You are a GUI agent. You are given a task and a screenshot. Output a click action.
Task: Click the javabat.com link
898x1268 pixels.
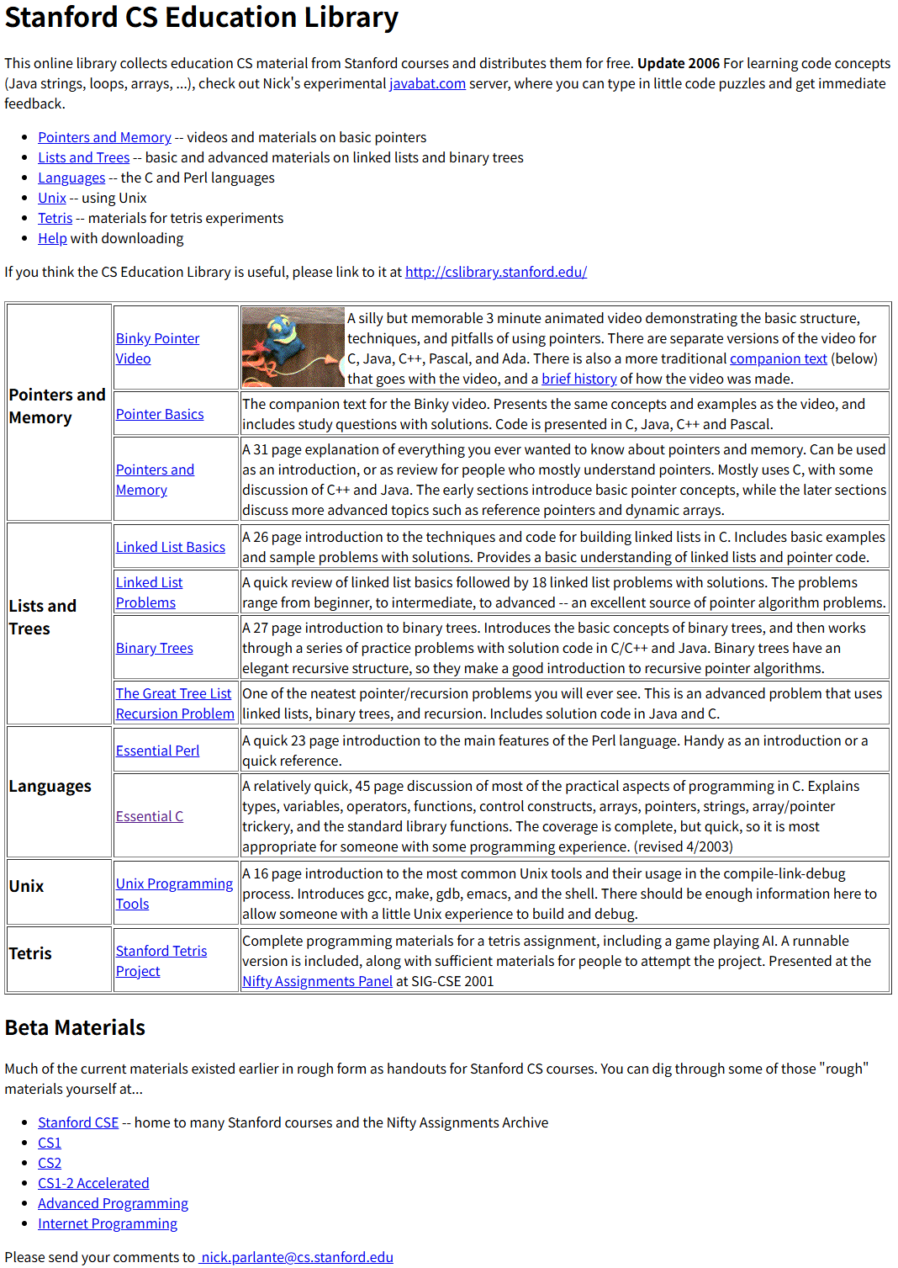pos(427,83)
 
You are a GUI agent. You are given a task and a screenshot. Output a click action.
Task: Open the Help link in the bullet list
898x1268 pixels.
pos(52,238)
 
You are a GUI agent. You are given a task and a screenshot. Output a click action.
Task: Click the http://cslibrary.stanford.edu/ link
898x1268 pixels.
pos(495,272)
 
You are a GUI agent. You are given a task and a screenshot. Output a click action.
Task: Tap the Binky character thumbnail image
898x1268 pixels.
pos(293,347)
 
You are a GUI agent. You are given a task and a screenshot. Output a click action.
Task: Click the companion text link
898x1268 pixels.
pos(778,358)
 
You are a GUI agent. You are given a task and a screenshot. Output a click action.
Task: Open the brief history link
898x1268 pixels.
pos(578,379)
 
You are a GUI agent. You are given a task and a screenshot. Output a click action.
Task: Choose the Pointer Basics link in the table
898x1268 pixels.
pos(160,414)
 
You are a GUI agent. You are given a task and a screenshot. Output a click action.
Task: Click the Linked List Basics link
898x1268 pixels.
pos(171,547)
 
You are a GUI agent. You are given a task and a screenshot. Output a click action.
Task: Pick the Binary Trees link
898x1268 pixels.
pos(155,648)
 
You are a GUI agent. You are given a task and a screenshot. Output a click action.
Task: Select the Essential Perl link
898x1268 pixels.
pos(157,751)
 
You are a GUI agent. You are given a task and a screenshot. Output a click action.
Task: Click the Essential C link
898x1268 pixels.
pos(150,816)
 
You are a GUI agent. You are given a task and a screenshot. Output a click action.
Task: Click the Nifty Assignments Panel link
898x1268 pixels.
pos(317,981)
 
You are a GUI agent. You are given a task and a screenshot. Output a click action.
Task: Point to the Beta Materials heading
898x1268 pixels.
pos(75,1027)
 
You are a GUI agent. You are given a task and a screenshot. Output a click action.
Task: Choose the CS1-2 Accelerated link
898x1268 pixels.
pos(93,1183)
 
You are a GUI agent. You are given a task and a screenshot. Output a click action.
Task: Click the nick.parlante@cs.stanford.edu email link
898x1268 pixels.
pos(297,1257)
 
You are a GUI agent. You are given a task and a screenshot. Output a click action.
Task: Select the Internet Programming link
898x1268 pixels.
pos(108,1223)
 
